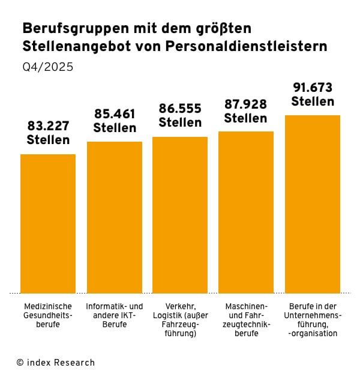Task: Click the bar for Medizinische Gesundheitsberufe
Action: click(x=48, y=223)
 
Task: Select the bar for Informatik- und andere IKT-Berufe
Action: click(x=115, y=217)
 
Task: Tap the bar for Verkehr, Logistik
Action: click(x=180, y=215)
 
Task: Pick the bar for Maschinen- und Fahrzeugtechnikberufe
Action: click(x=246, y=212)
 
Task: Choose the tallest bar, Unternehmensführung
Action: click(x=312, y=204)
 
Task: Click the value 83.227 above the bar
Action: click(x=48, y=127)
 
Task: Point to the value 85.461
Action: click(x=115, y=114)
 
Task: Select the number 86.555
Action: click(x=180, y=109)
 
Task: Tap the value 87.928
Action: click(x=246, y=104)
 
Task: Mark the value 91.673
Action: click(x=312, y=88)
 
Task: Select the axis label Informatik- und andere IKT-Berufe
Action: click(x=115, y=315)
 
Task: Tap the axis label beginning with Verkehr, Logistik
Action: click(x=180, y=319)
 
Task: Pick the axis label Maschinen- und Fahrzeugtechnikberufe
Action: click(x=246, y=319)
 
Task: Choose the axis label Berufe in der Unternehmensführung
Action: click(x=312, y=319)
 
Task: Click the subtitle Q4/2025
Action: click(x=48, y=67)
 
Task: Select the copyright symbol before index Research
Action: click(x=20, y=363)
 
